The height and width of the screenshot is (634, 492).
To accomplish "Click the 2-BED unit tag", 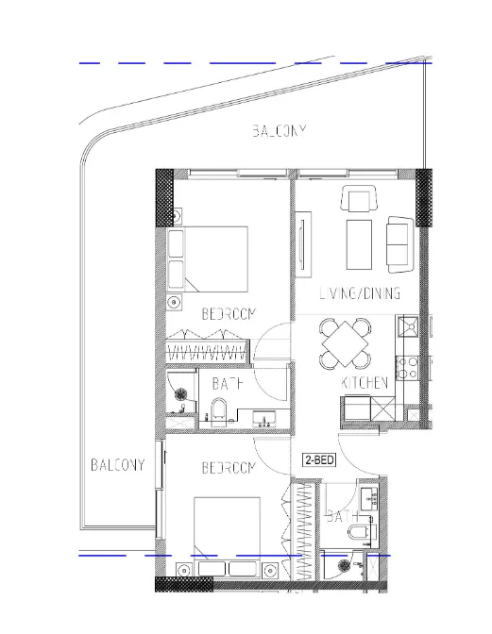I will point(318,460).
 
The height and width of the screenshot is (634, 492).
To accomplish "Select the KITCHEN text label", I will point(365,383).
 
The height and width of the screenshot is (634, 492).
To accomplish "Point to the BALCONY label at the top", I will point(279,131).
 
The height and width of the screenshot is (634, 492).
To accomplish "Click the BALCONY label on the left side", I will point(117,465).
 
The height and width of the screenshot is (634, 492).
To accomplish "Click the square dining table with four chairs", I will point(345,343).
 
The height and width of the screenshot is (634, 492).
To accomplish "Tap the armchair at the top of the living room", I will point(358,201).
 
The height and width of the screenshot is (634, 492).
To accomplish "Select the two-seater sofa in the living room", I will point(399,242).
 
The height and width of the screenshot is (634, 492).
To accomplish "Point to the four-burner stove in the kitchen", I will point(410,366).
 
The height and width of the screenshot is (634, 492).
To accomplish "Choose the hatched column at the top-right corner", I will point(423,197).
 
